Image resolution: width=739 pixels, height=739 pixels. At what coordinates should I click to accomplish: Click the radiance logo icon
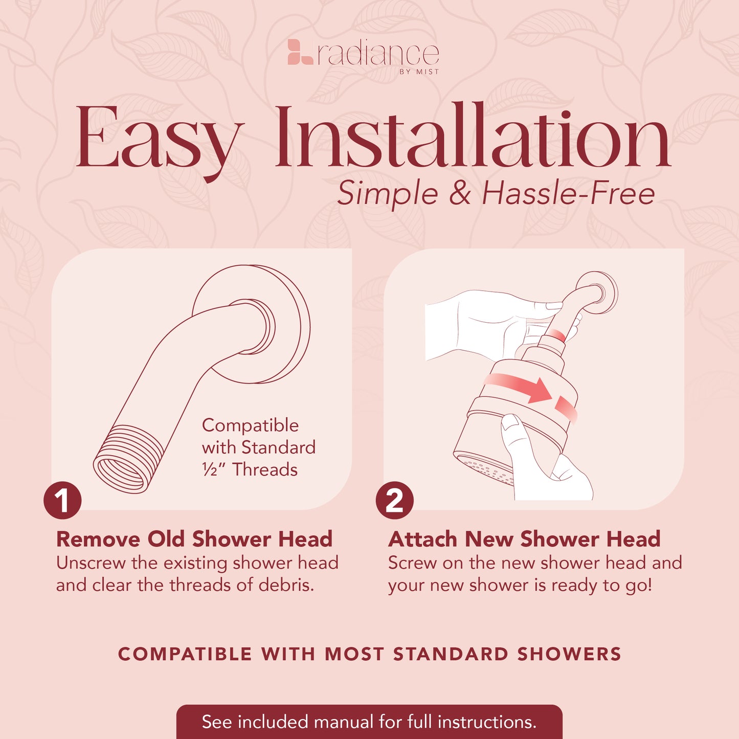pos(300,52)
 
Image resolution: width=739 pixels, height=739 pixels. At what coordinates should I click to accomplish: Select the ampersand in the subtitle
pos(460,194)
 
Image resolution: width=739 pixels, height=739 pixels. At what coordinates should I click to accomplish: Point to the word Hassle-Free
pos(568,194)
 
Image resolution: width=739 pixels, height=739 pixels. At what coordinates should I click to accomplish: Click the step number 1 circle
pos(62,500)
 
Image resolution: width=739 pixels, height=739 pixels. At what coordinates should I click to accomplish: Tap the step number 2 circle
pos(394,500)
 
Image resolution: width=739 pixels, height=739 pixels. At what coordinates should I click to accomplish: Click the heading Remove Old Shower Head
pos(194,539)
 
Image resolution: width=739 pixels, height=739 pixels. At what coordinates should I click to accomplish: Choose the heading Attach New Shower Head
pos(524,539)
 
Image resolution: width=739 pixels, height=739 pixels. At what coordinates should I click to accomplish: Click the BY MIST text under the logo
pos(419,72)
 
